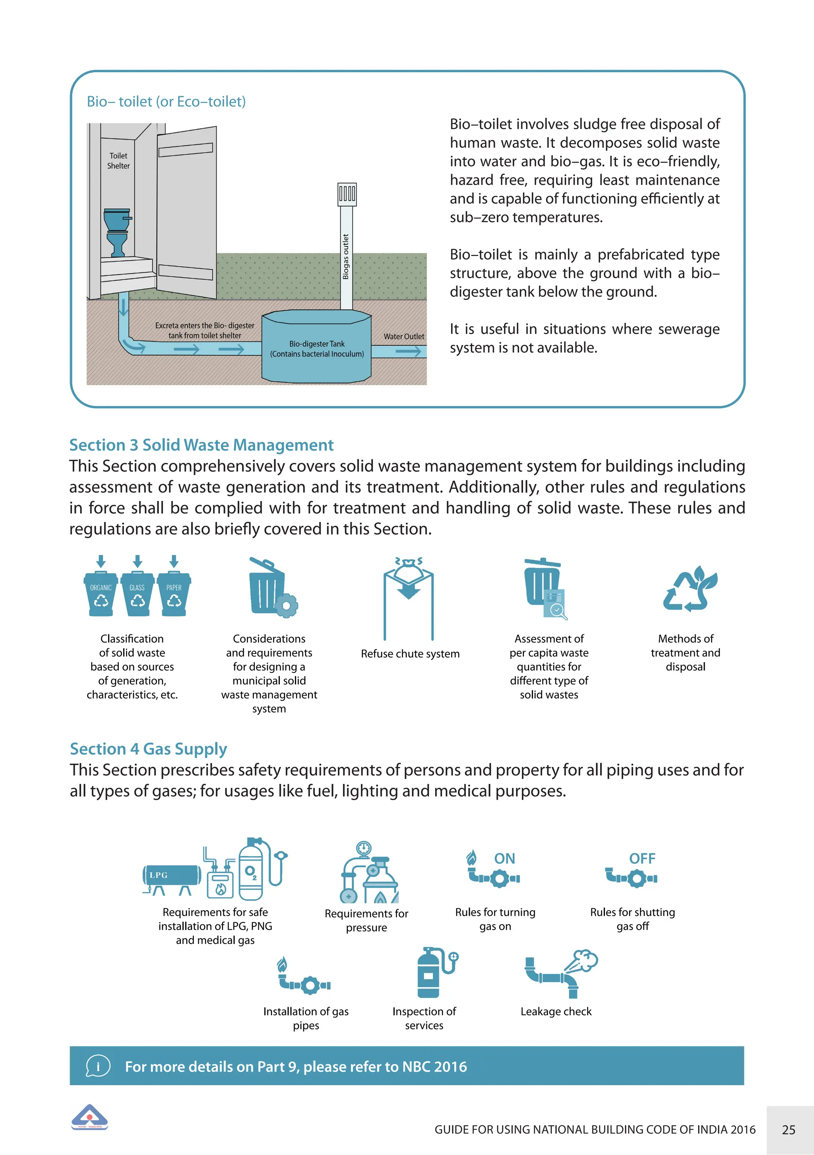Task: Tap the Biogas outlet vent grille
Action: click(347, 194)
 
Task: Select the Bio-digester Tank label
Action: click(316, 349)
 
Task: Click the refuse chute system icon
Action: click(409, 596)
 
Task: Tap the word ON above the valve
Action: click(505, 859)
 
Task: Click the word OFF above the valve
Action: click(642, 859)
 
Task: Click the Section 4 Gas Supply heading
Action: click(148, 749)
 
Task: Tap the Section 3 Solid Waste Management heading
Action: click(201, 445)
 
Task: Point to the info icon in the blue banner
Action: click(98, 1066)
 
